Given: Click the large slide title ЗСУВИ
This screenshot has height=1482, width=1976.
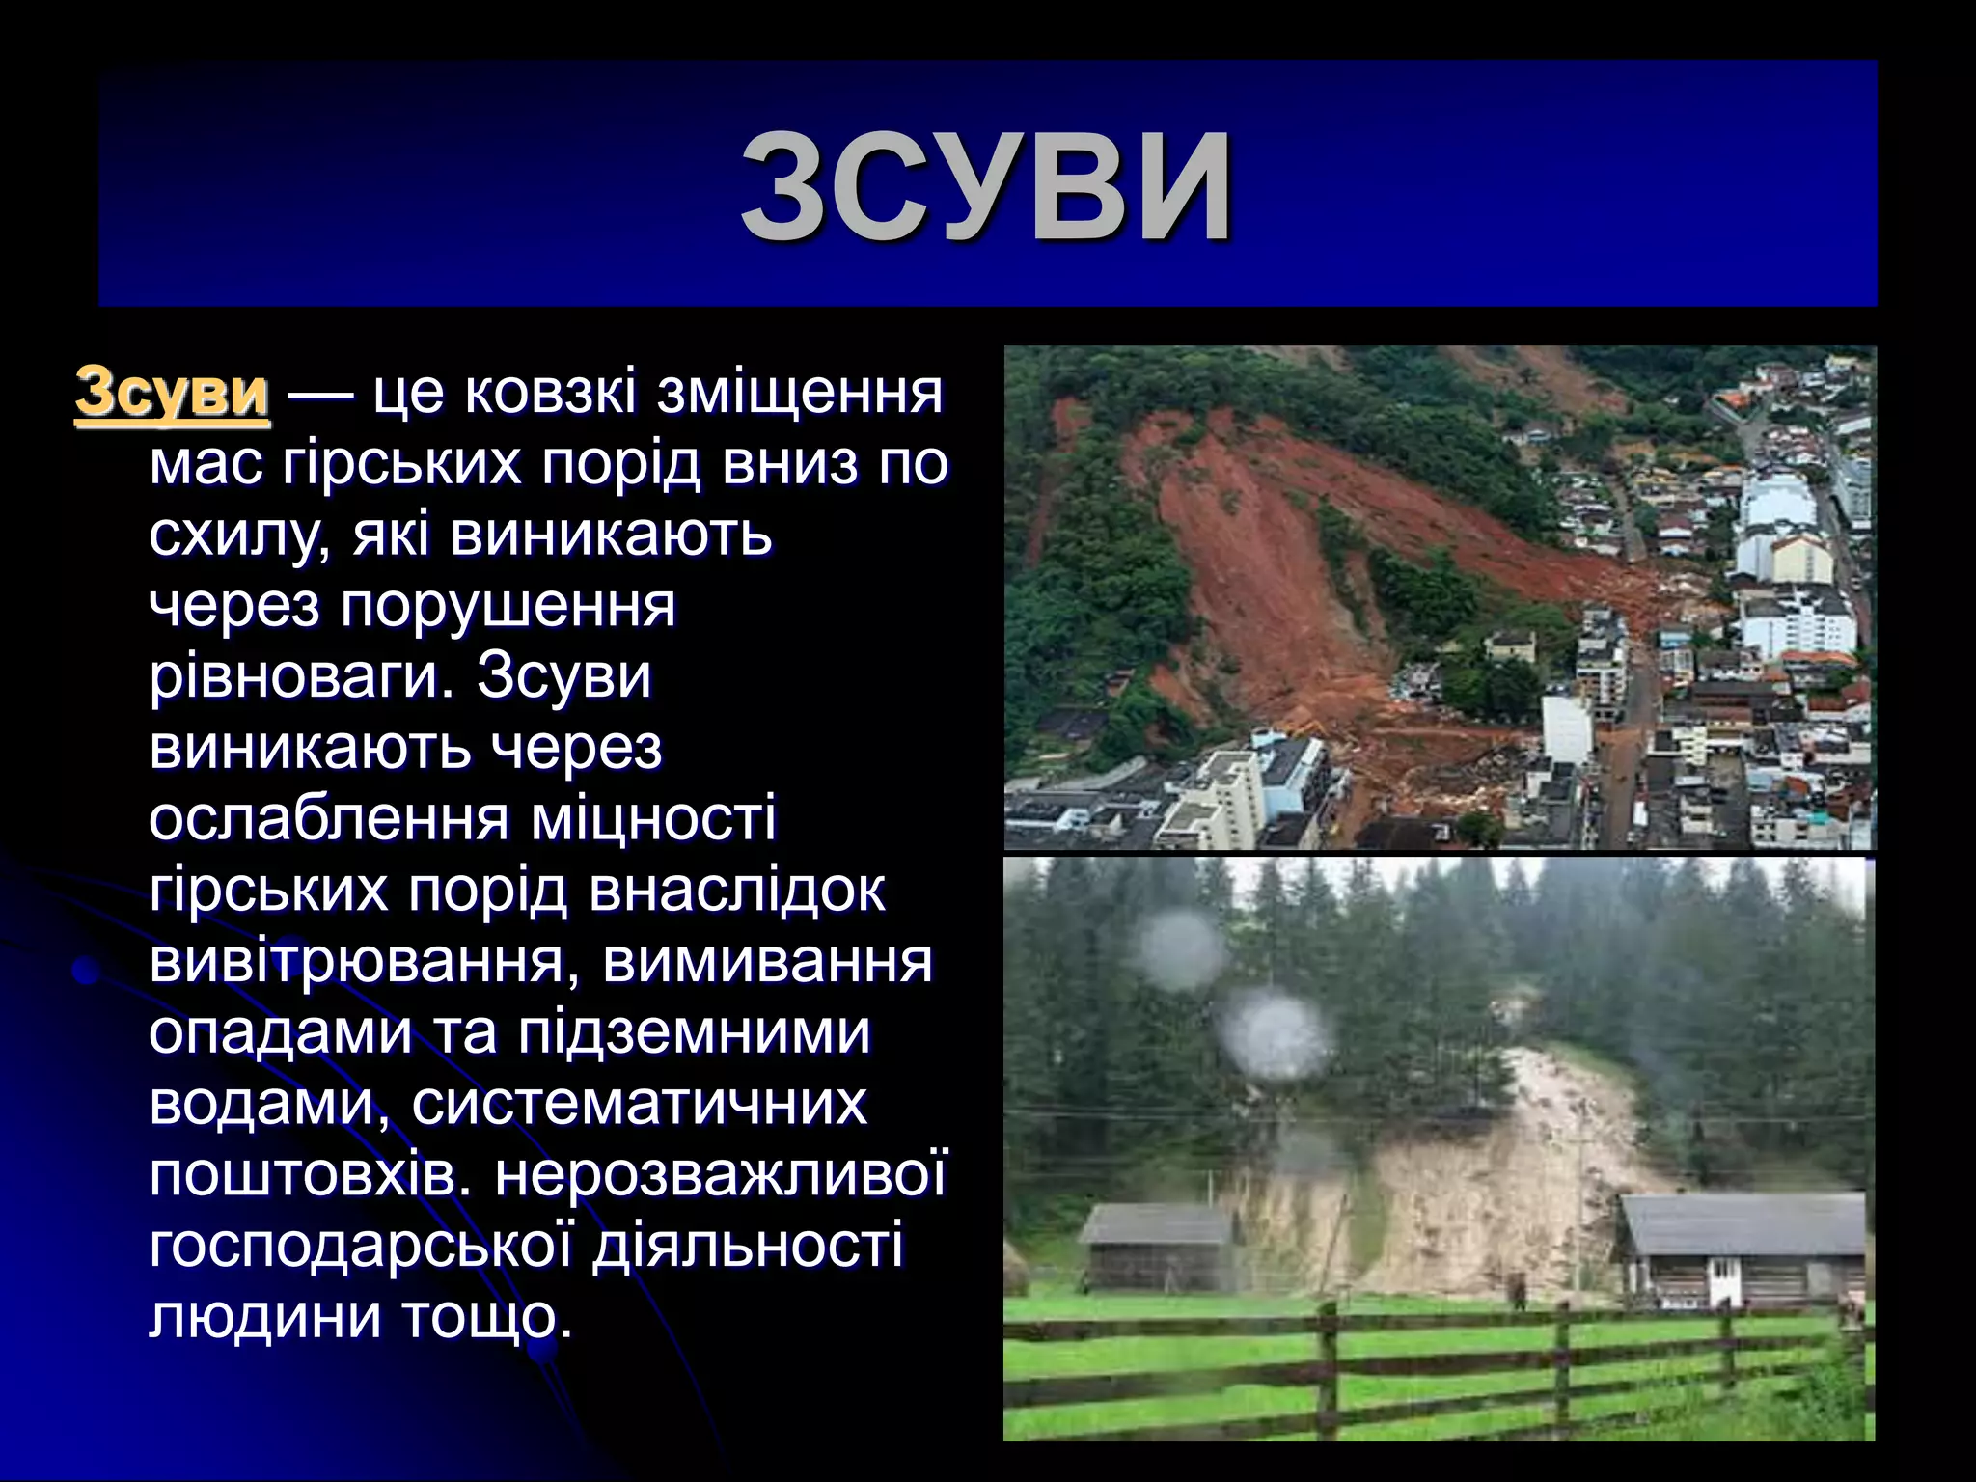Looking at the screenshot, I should [x=986, y=185].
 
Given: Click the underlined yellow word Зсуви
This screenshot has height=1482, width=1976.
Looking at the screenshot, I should [x=172, y=393].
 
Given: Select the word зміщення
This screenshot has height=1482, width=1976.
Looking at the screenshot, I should [x=800, y=393].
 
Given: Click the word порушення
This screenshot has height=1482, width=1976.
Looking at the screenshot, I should [x=508, y=606].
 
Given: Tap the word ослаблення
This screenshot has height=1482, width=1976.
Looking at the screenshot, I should [x=328, y=818].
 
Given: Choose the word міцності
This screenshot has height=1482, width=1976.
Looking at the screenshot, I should [x=653, y=818].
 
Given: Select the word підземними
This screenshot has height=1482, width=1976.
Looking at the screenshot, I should [x=694, y=1031].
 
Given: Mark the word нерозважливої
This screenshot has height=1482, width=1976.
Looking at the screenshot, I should [x=722, y=1174].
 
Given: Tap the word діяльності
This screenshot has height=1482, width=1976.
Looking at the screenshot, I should [x=748, y=1245].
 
